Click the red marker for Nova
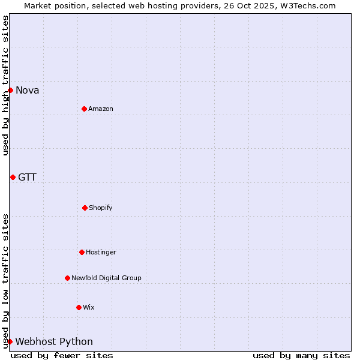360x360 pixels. point(10,90)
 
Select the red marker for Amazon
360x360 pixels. point(84,109)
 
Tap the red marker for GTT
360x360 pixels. point(13,177)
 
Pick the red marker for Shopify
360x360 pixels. point(85,208)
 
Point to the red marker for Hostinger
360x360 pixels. point(82,252)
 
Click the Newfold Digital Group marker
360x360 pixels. point(67,278)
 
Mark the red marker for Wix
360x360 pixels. point(79,307)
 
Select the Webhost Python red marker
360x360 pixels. point(10,341)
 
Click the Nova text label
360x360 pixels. point(28,91)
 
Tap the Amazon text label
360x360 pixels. point(101,109)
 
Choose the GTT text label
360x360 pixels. point(27,177)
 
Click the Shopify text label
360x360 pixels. point(101,208)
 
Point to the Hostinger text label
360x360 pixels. point(101,252)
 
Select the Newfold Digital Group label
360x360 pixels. point(106,278)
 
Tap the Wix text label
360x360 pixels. point(89,307)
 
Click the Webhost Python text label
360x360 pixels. point(54,342)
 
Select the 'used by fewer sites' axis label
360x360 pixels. point(62,355)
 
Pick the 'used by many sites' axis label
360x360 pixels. point(301,355)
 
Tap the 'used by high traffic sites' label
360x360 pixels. point(5,86)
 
